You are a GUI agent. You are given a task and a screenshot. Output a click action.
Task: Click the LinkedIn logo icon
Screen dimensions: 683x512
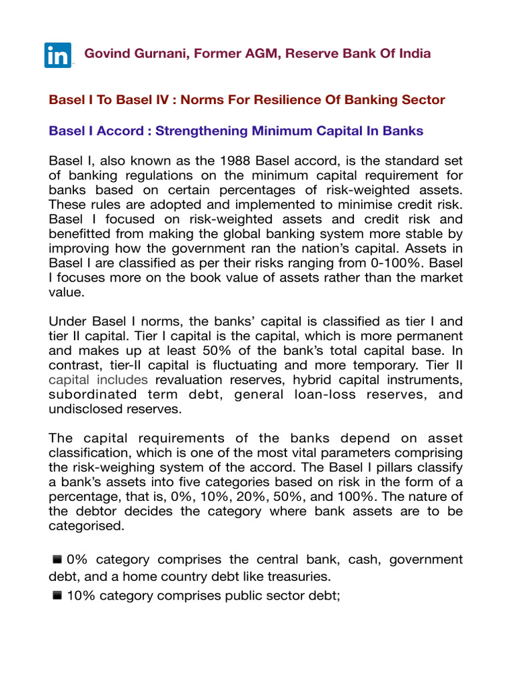click(59, 55)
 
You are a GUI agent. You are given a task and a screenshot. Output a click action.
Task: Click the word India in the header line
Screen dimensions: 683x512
click(413, 54)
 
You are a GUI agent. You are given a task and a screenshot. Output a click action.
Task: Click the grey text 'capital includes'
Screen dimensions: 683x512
click(99, 379)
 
